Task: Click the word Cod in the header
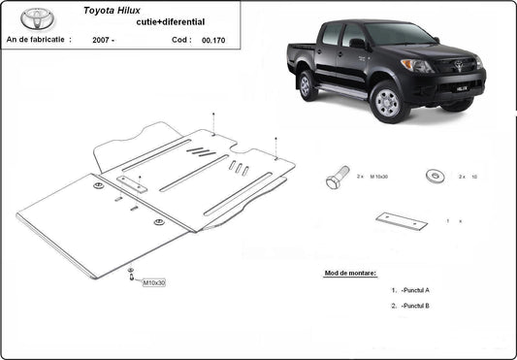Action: (x=180, y=41)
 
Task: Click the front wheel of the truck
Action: (x=388, y=100)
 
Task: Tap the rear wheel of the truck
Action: (x=308, y=85)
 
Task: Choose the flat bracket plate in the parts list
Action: (x=402, y=220)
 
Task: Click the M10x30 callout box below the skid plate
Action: (x=153, y=282)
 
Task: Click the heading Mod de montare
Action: (x=350, y=274)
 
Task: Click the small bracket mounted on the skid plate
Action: (x=134, y=183)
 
